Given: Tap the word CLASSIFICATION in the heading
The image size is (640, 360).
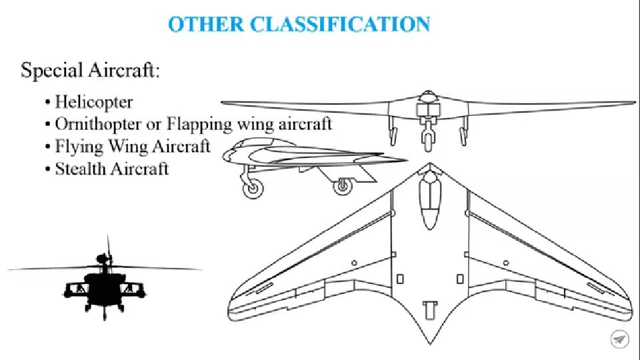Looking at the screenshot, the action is click(340, 25).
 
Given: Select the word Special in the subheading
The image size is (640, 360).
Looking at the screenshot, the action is click(53, 71).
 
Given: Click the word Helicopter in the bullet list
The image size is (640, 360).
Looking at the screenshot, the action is click(93, 102).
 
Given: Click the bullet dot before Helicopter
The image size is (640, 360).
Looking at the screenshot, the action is click(47, 103).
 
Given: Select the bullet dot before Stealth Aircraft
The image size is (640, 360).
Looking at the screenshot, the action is click(47, 169).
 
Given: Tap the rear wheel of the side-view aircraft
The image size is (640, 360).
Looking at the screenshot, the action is click(343, 187).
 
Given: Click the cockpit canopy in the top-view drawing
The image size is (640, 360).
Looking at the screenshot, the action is click(428, 200).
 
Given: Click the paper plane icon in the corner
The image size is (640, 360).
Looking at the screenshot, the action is click(619, 339).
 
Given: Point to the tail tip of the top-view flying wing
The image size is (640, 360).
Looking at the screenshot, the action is click(428, 341).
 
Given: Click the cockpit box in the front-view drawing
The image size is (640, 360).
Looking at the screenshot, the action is click(426, 111).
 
